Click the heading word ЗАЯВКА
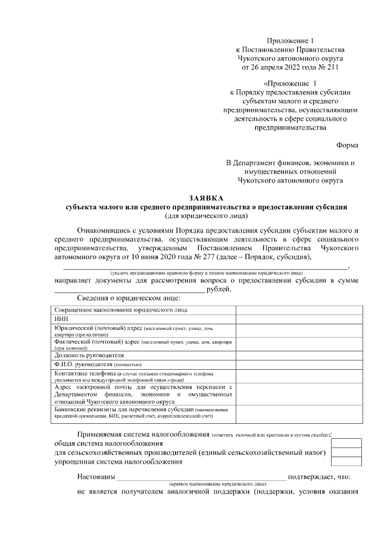pos(206,197)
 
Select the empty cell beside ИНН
pos(298,319)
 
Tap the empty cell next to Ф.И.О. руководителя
pos(298,364)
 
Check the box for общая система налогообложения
pos(346,443)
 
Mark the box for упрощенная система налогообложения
pos(346,461)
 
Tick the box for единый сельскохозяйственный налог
pos(346,452)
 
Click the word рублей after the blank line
pos(218,290)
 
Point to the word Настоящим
pos(95,477)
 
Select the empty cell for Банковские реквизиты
pos(298,413)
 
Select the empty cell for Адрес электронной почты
pos(298,393)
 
